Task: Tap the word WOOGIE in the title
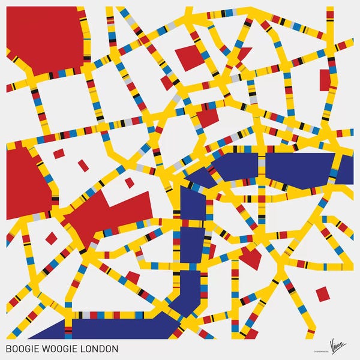[x=61, y=349]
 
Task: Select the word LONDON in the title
[x=100, y=349]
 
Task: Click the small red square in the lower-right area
[x=323, y=293]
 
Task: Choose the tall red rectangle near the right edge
[x=325, y=80]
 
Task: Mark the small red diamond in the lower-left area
[x=52, y=238]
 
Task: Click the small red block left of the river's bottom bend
[x=133, y=277]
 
